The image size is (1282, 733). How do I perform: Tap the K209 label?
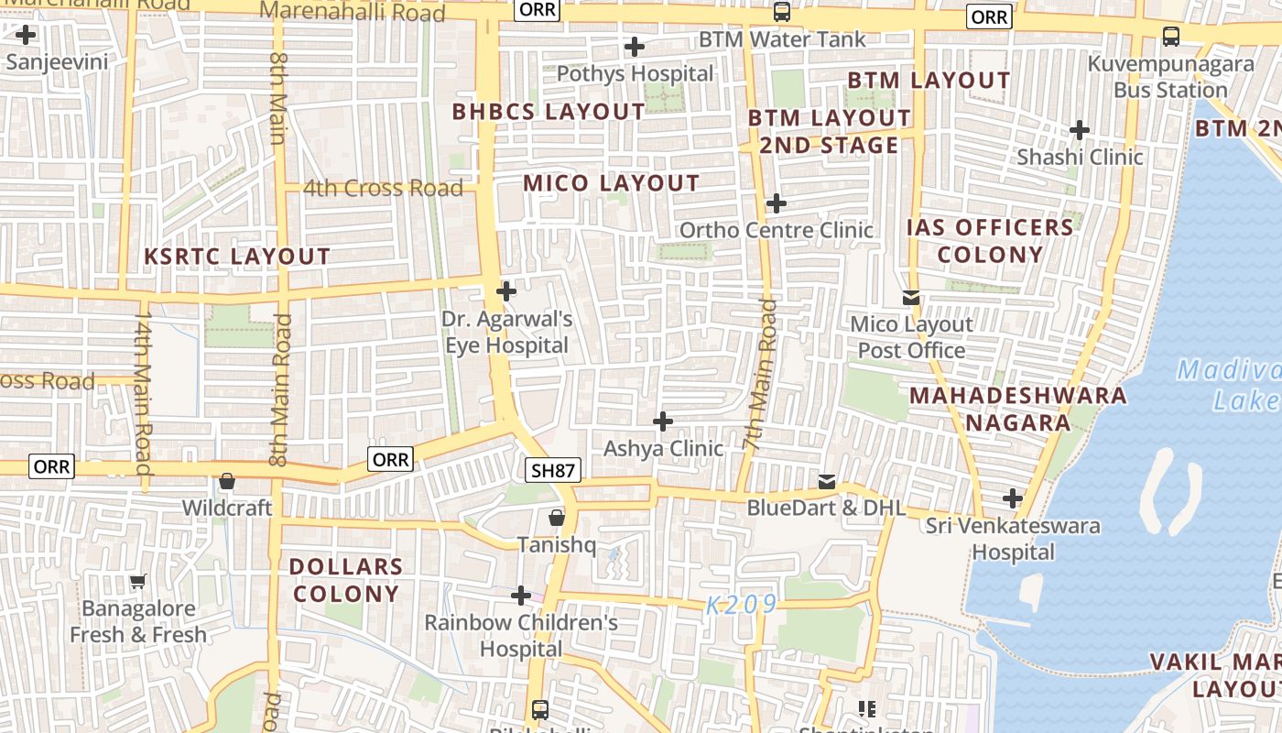[742, 605]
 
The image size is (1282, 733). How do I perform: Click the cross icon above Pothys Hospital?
[634, 47]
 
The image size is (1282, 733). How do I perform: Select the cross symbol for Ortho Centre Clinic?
[776, 202]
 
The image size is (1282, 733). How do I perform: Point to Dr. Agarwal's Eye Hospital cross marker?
[505, 291]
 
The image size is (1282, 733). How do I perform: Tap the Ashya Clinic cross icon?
[663, 421]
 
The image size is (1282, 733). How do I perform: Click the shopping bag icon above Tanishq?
[556, 519]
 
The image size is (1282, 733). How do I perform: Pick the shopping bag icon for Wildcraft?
[227, 481]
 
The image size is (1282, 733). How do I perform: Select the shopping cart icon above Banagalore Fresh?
[138, 581]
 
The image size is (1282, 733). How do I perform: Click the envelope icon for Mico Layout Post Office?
[911, 297]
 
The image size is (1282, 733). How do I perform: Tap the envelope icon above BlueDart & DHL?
[827, 481]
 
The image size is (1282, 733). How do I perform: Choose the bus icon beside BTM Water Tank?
[781, 13]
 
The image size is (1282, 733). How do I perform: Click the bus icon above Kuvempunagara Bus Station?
[1170, 37]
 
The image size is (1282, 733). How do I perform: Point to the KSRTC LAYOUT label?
[237, 257]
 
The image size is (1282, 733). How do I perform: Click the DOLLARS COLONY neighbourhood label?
[346, 579]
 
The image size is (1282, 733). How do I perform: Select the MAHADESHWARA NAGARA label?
[1017, 409]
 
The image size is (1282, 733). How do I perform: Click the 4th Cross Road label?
[383, 189]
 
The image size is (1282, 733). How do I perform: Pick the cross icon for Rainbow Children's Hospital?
[521, 596]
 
